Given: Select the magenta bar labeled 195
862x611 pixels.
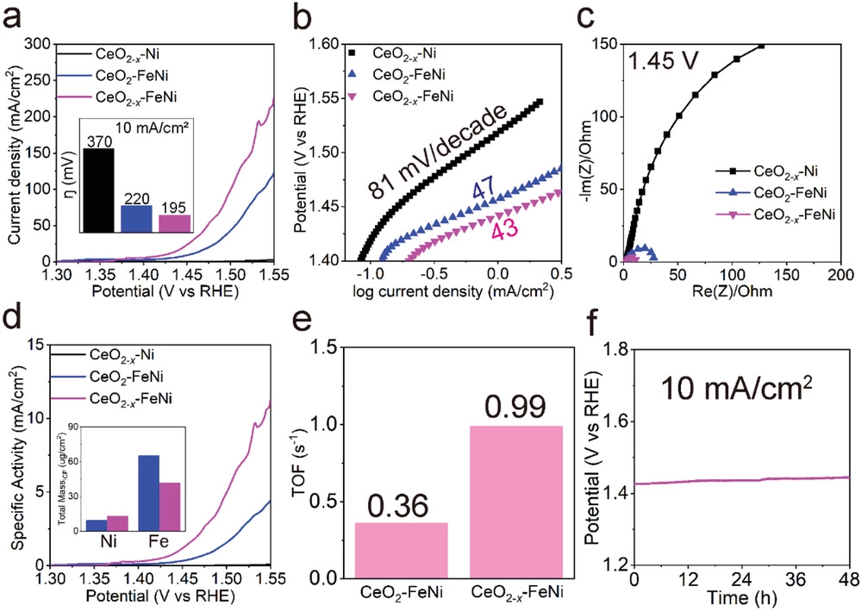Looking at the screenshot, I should [175, 222].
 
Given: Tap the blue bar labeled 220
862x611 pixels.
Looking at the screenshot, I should [135, 219].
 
